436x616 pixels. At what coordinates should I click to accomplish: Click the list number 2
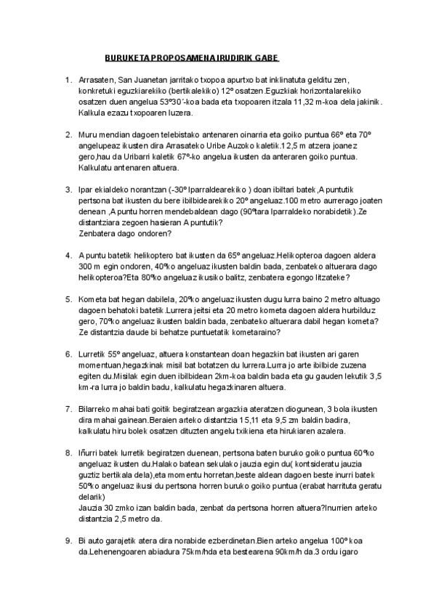click(68, 134)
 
